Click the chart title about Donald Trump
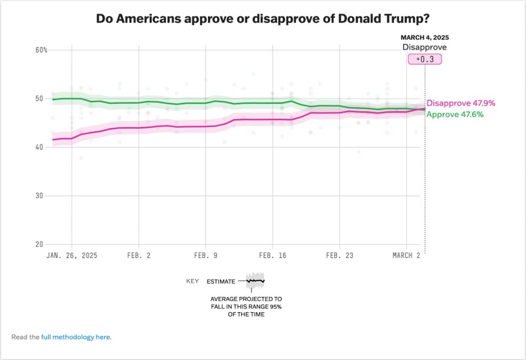(262, 19)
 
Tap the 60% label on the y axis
(42, 50)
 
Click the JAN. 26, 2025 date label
(72, 255)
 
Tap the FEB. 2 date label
(138, 255)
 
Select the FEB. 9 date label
(206, 255)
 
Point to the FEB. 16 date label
(272, 255)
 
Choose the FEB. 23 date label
(340, 255)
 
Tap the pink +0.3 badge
(424, 59)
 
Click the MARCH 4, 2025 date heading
(424, 38)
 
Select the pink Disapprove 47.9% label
(461, 104)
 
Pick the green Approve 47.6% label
(454, 114)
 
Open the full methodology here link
(76, 337)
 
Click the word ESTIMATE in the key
(221, 282)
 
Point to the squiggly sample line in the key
(255, 281)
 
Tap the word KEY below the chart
(193, 281)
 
